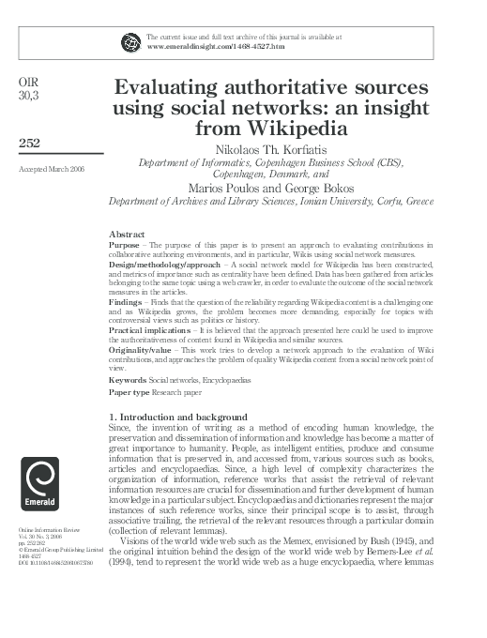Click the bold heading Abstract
pos(127,233)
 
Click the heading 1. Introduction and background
pos(178,416)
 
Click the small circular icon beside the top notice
pos(129,41)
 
